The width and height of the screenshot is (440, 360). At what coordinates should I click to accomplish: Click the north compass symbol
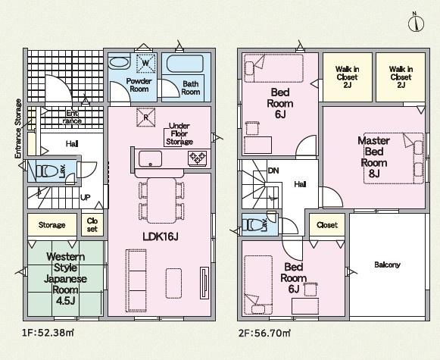(417, 23)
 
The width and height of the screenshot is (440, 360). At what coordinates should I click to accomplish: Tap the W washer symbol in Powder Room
(146, 63)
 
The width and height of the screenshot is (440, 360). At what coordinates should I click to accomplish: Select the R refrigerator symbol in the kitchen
(146, 117)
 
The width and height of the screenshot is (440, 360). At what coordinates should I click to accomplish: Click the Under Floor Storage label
(179, 134)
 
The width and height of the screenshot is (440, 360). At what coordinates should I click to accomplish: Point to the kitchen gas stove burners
(198, 158)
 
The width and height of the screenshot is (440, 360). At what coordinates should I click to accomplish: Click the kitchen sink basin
(150, 159)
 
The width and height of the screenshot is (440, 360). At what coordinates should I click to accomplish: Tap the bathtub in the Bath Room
(185, 64)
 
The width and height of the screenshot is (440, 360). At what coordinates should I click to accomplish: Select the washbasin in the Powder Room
(119, 63)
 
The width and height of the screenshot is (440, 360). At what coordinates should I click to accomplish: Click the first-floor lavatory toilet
(47, 171)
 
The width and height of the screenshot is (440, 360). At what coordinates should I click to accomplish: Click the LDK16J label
(161, 237)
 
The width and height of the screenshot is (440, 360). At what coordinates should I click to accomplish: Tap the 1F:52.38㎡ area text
(48, 333)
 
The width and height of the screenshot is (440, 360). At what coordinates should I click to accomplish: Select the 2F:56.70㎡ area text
(264, 333)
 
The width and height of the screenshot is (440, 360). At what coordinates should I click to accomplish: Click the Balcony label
(387, 265)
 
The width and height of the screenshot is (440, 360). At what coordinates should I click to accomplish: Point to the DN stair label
(273, 171)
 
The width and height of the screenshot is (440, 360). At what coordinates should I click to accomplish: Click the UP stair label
(86, 197)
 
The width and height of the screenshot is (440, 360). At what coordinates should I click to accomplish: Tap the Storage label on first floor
(52, 225)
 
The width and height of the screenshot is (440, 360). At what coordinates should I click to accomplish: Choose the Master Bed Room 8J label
(374, 157)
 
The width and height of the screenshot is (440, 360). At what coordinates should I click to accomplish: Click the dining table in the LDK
(161, 201)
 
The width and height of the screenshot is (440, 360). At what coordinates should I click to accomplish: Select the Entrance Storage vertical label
(18, 128)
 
